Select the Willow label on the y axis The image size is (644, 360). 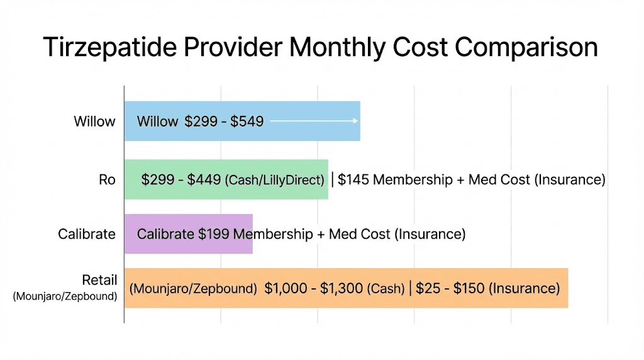(94, 121)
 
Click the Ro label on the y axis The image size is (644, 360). (107, 180)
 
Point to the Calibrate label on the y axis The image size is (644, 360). (87, 234)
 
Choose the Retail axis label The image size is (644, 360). (99, 280)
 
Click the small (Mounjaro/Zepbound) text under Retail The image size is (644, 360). (65, 296)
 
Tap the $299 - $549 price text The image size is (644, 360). (223, 121)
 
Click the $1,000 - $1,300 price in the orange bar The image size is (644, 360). (313, 289)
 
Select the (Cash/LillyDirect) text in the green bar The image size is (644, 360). (274, 181)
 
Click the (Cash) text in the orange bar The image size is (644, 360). (386, 290)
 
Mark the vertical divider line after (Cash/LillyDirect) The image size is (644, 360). (333, 180)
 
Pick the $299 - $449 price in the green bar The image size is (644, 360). (180, 180)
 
